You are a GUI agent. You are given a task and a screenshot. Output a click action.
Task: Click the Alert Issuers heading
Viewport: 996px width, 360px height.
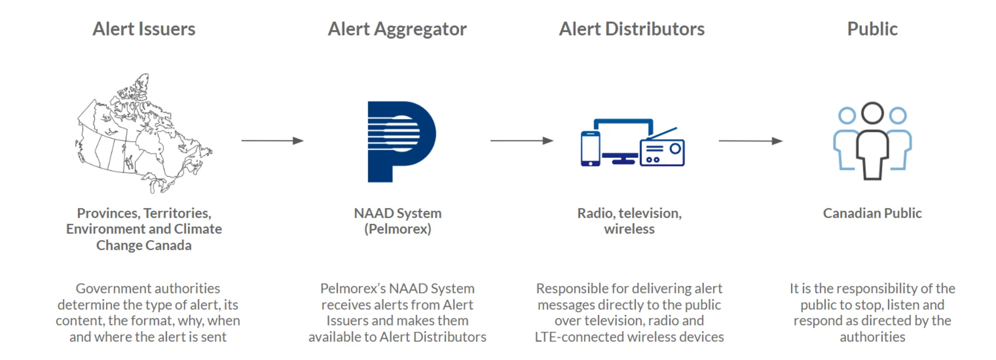[x=144, y=29]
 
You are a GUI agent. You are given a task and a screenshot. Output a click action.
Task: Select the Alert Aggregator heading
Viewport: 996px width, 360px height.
[x=397, y=29]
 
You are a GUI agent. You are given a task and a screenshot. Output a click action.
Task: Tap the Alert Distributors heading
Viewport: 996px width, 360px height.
[x=631, y=29]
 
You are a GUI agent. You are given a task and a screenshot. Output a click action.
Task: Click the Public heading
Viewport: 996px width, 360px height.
[x=872, y=29]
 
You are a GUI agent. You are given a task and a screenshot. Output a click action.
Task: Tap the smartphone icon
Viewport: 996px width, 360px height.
[x=590, y=148]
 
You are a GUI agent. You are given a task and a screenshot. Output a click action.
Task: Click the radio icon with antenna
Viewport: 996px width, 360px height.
[x=662, y=151]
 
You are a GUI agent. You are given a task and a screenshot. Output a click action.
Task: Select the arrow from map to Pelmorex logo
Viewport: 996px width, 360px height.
[x=272, y=141]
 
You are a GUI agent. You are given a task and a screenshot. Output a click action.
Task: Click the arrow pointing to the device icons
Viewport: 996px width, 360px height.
[x=521, y=141]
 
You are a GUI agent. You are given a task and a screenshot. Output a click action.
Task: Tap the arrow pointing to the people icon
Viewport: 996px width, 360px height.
[x=750, y=141]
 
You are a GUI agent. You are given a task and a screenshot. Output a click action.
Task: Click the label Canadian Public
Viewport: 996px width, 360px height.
[x=872, y=213]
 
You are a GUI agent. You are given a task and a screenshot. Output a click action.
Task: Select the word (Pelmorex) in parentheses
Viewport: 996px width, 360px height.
[x=397, y=229]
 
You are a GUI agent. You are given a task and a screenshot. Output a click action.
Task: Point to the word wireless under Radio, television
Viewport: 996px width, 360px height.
[x=629, y=229]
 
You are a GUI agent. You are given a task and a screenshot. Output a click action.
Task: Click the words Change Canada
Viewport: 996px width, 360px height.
[x=144, y=245]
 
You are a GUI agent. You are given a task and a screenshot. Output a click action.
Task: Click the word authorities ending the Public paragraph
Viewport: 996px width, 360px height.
[x=872, y=337]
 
